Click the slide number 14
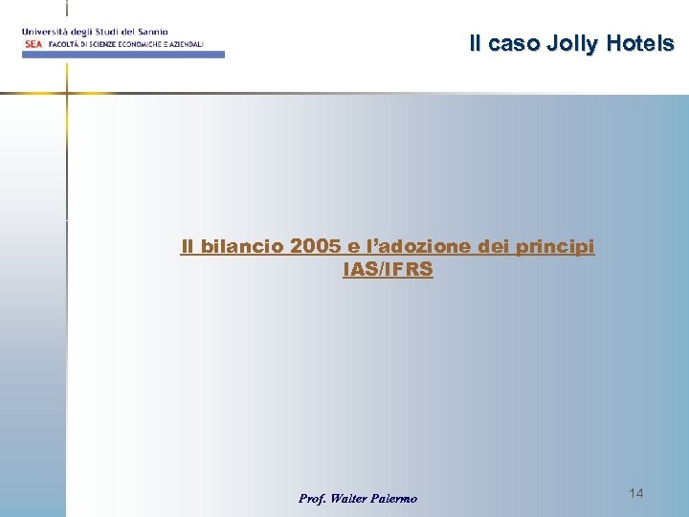[636, 492]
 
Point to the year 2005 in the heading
[315, 247]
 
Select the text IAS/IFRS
[388, 270]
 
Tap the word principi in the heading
[555, 247]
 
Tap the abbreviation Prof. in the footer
[312, 498]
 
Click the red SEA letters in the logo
[33, 44]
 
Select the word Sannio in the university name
[150, 32]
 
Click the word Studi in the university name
[105, 32]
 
